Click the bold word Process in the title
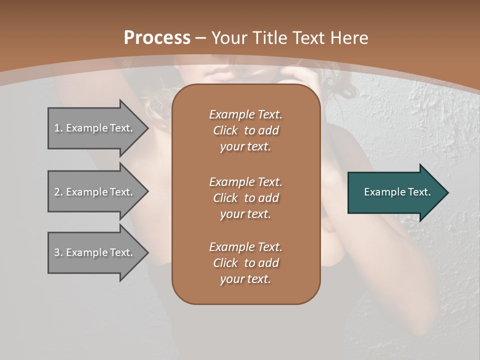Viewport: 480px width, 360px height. coord(157,38)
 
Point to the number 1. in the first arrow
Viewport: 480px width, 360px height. coord(58,128)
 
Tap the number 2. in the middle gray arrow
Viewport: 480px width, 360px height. coord(58,192)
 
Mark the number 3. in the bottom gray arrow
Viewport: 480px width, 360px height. coord(58,252)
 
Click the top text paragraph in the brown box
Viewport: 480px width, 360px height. coord(245,130)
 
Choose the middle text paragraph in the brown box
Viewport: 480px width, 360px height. coord(245,197)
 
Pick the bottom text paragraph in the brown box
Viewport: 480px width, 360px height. coord(245,263)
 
